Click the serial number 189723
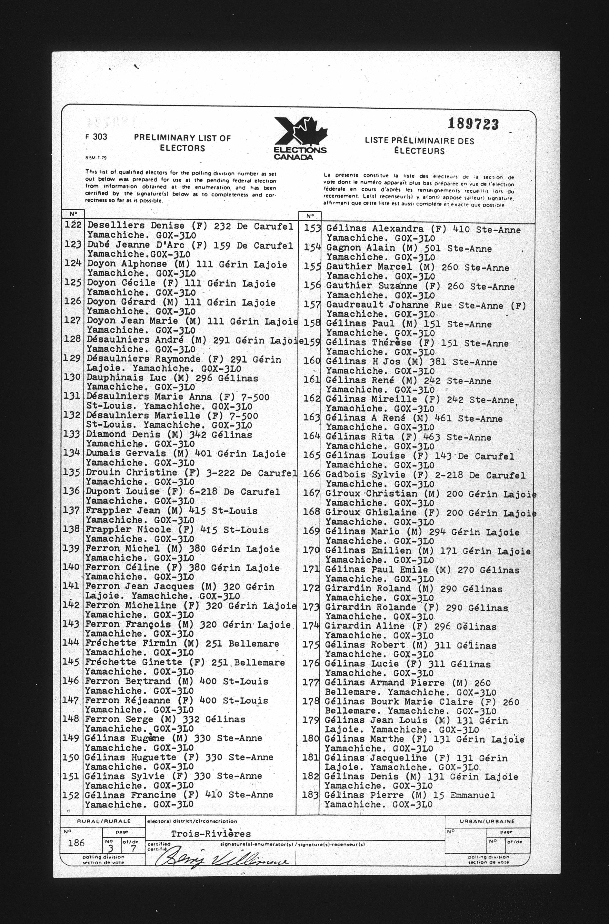pos(473,124)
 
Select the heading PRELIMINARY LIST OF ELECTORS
pos(182,143)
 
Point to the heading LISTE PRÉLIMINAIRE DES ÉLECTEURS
pos(419,146)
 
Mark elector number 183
pos(310,795)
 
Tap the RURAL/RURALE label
pos(103,821)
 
